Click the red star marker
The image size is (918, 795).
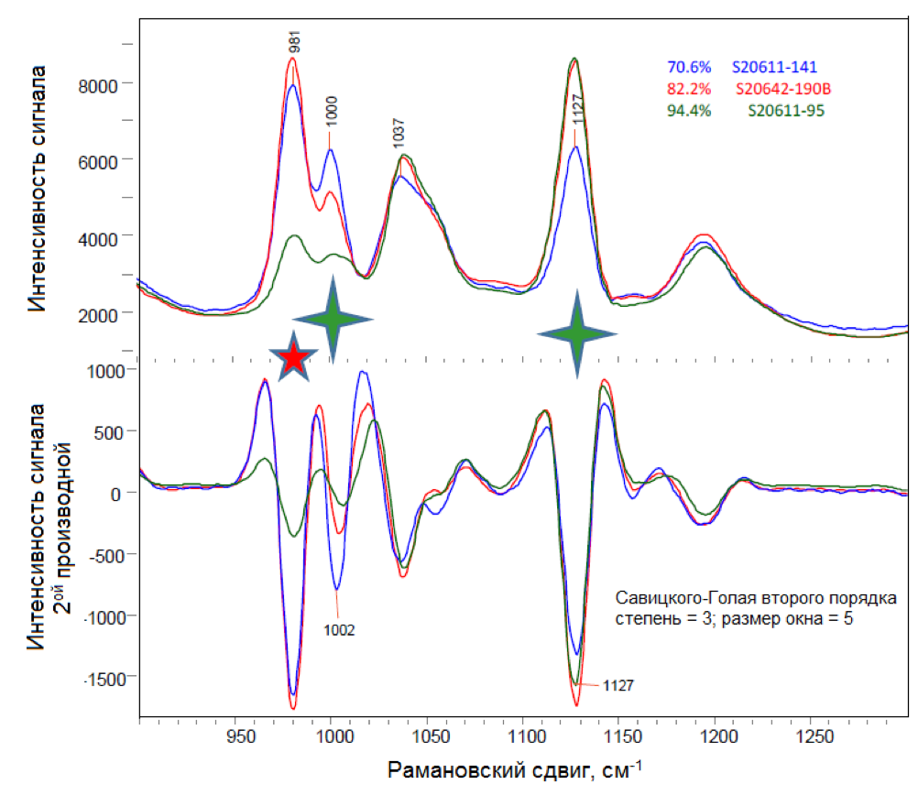click(x=293, y=358)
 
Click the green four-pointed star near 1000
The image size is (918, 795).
click(x=332, y=318)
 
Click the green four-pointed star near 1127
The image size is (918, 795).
click(x=576, y=334)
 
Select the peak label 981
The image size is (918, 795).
click(x=295, y=41)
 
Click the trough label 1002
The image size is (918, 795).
click(x=339, y=630)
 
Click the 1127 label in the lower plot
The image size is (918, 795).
click(x=619, y=684)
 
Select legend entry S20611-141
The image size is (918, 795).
click(x=774, y=67)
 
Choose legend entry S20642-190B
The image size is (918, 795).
click(x=786, y=90)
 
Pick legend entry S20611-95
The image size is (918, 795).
click(x=785, y=112)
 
